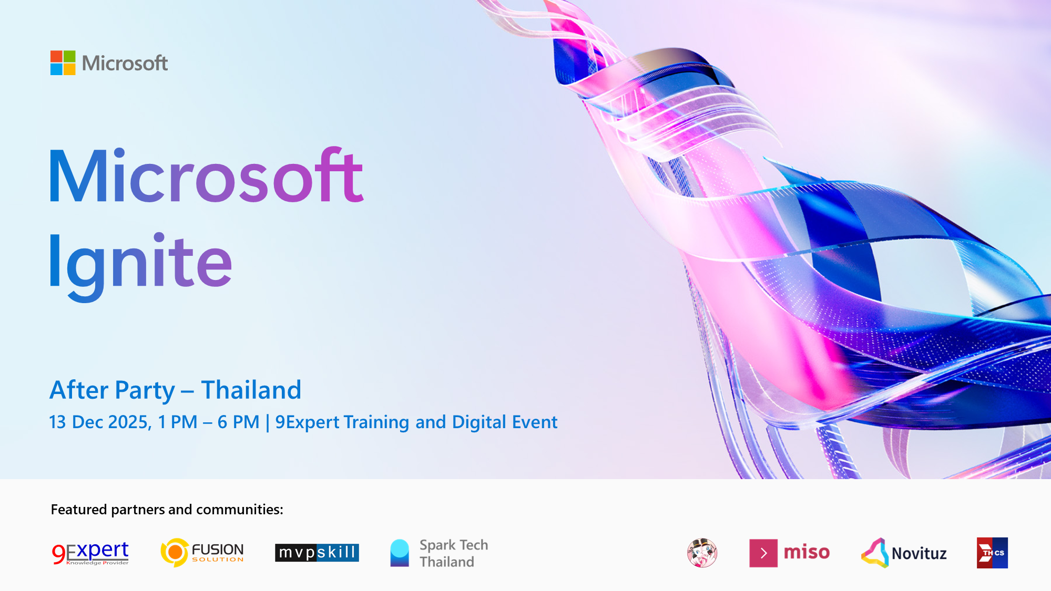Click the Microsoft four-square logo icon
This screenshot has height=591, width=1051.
63,63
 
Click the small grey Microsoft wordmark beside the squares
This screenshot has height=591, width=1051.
125,63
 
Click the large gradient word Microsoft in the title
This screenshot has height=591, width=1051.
206,175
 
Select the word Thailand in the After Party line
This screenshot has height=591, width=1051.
251,390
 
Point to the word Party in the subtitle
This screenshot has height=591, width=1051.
145,391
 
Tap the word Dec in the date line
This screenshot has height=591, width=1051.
87,422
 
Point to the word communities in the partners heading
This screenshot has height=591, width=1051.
240,510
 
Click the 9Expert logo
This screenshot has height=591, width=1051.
90,553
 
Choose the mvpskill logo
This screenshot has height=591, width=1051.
317,553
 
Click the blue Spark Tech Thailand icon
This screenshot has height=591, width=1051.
400,553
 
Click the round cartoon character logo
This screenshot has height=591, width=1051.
702,553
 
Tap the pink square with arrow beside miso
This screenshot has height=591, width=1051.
763,553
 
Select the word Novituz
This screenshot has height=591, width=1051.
919,554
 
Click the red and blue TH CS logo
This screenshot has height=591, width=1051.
992,553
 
